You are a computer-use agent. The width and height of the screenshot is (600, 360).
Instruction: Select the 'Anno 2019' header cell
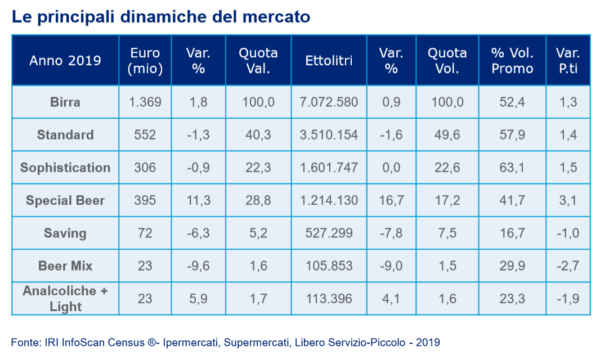tap(65, 60)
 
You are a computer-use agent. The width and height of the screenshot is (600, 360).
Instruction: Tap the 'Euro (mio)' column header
tap(145, 60)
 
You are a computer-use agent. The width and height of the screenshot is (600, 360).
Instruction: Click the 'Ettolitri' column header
tap(329, 60)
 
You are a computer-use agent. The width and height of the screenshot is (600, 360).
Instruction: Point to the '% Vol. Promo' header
tap(512, 60)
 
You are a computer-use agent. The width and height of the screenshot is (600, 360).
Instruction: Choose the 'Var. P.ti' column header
tap(568, 60)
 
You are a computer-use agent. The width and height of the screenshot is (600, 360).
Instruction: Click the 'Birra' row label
tap(65, 102)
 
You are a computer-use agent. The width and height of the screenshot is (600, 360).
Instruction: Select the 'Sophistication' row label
tap(65, 168)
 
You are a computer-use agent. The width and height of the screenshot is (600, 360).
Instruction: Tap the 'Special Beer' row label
tap(65, 200)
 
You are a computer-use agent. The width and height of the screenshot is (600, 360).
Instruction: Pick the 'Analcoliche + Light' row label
tap(65, 299)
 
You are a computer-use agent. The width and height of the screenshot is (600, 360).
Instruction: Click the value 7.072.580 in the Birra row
tap(329, 102)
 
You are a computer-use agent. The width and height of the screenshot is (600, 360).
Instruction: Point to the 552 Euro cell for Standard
tap(145, 135)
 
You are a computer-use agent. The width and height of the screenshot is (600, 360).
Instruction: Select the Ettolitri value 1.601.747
tap(329, 168)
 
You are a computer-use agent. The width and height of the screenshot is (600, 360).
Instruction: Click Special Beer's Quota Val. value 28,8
tap(258, 200)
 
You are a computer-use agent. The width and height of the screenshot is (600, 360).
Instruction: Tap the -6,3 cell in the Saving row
tap(198, 233)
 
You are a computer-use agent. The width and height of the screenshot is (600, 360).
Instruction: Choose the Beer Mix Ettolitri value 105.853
tap(329, 265)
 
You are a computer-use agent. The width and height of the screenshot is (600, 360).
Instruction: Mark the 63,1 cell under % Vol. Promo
tap(512, 168)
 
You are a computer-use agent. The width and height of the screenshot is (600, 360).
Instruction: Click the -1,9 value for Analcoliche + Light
tap(568, 299)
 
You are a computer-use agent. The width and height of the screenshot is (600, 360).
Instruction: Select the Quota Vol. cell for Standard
tap(447, 135)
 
